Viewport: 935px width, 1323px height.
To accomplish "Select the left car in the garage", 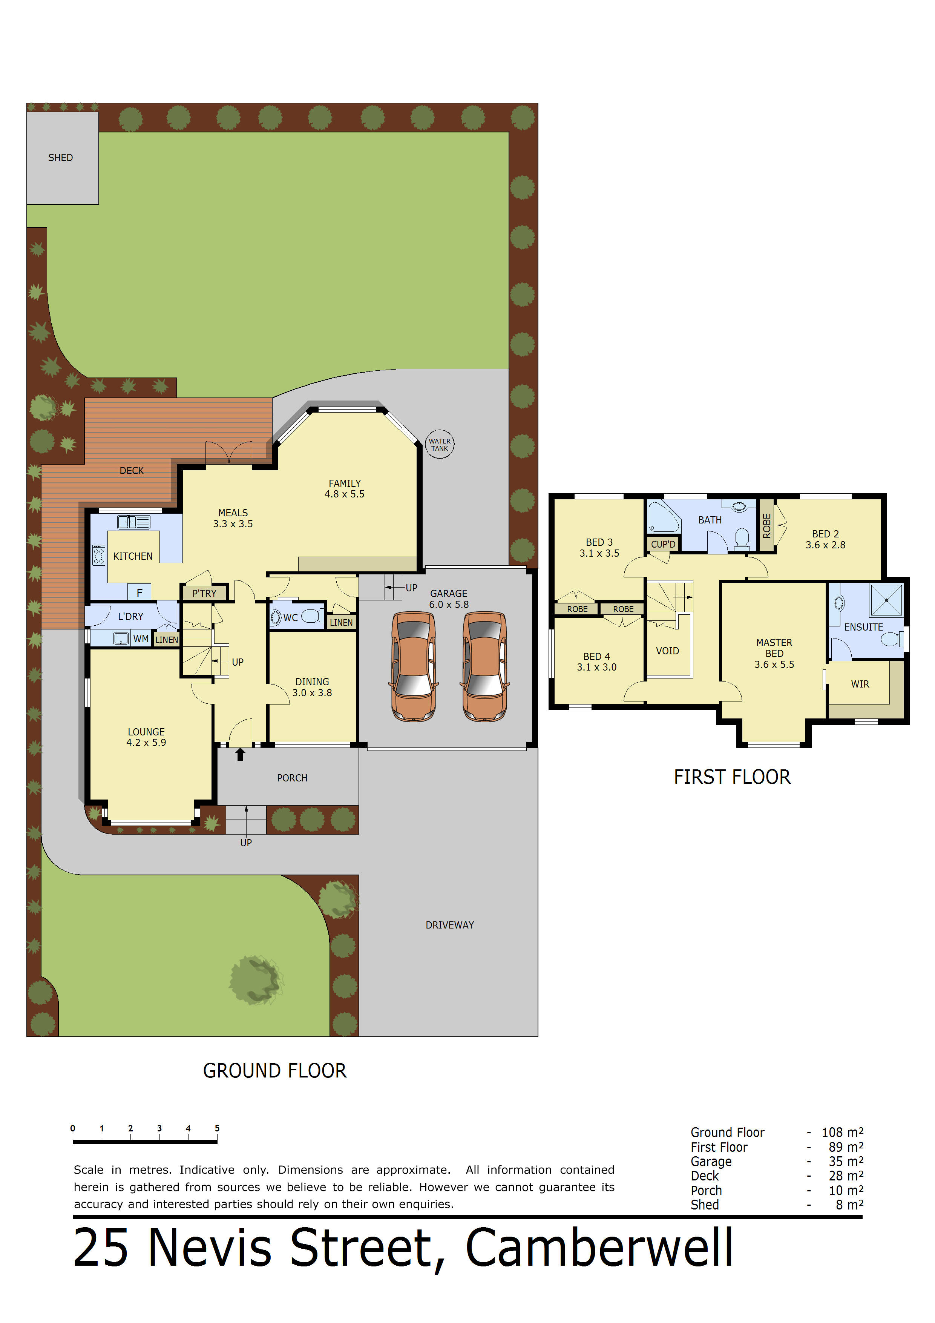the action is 413,667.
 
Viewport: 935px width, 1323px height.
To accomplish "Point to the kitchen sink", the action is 134,522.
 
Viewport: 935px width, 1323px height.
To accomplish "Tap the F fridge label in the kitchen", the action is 139,592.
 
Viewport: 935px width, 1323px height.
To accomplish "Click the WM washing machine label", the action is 141,639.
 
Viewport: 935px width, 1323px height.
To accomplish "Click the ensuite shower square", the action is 886,600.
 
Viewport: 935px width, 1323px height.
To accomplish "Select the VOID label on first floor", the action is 668,651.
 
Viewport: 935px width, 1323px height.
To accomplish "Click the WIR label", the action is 860,685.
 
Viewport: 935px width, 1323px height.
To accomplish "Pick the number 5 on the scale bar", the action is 217,1128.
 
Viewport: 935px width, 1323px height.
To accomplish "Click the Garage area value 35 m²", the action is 846,1162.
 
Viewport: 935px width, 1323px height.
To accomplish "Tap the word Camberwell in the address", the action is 599,1248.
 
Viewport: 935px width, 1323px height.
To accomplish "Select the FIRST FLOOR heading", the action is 732,777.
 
